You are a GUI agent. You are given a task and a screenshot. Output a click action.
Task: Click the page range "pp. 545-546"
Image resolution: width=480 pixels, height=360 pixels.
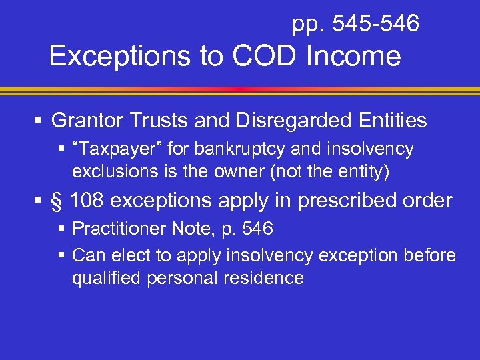click(x=355, y=25)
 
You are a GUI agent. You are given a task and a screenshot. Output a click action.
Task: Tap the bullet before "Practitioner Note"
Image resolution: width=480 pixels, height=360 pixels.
click(x=62, y=229)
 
